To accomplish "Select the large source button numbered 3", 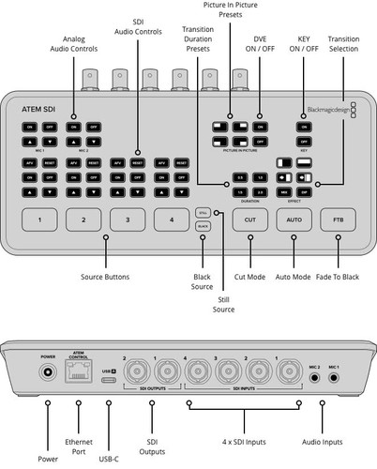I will pos(127,219).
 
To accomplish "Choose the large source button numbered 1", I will pos(40,219).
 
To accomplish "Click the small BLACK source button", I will pos(204,226).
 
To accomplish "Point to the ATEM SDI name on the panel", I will pos(39,109).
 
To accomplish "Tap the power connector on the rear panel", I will pos(44,374).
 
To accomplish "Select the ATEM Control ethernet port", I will pos(79,374).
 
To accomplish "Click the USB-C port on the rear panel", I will pos(108,373).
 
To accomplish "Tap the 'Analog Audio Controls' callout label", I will pos(73,42).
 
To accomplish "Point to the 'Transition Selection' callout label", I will pos(343,42).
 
